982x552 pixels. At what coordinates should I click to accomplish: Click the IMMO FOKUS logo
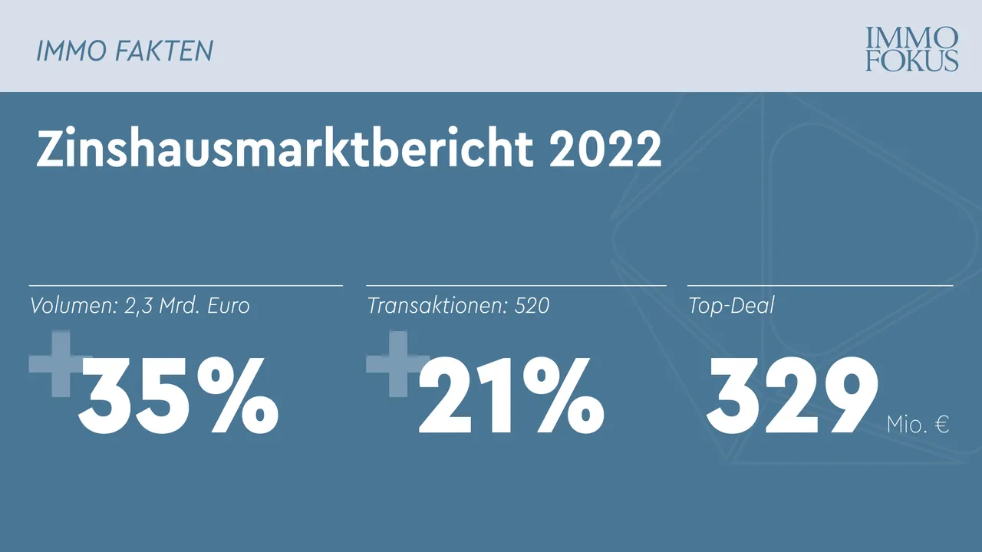(x=911, y=49)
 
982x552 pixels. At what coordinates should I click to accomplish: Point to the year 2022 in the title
(x=605, y=149)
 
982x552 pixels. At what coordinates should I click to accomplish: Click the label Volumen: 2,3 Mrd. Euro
(x=140, y=306)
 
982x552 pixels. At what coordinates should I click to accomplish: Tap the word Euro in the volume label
(x=228, y=306)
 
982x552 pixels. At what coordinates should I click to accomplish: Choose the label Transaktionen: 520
(x=458, y=306)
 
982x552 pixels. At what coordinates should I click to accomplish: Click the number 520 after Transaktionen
(x=532, y=306)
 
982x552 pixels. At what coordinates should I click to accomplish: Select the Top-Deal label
(x=730, y=306)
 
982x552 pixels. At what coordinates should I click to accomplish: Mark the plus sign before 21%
(x=396, y=363)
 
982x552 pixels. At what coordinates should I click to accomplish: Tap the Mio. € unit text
(x=918, y=424)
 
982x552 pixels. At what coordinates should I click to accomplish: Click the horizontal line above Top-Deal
(x=819, y=285)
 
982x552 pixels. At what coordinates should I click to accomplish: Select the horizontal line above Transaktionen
(x=516, y=285)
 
